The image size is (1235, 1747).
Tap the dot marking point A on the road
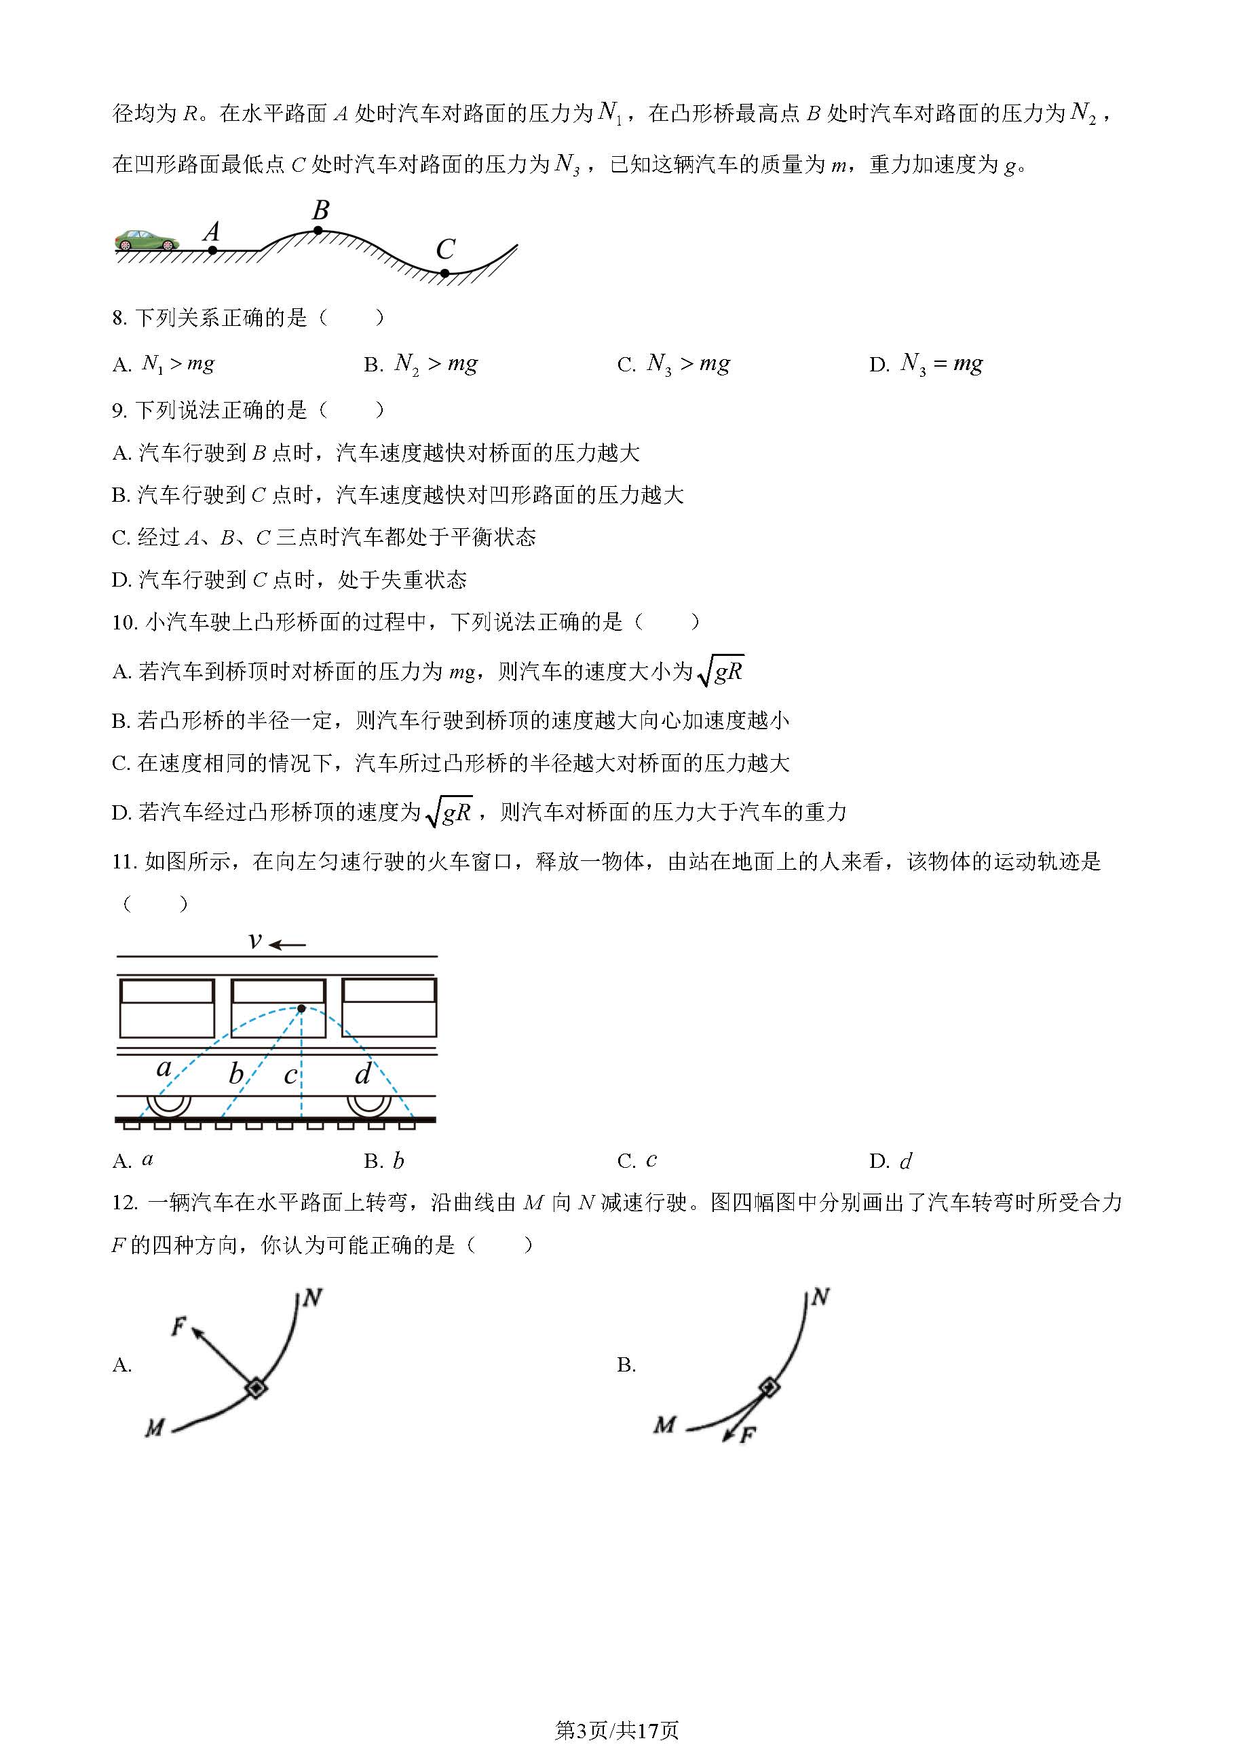point(213,250)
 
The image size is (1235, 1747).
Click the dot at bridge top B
point(319,229)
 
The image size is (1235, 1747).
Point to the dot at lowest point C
point(445,272)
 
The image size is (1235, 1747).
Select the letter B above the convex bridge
point(321,209)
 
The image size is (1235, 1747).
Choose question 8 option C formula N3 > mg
point(688,365)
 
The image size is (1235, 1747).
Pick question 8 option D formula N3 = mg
point(941,365)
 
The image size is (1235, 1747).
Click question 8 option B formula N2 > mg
point(436,365)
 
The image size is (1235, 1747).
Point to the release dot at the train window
point(301,1009)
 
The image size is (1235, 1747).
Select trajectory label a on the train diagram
point(164,1068)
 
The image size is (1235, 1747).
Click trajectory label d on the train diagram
point(363,1073)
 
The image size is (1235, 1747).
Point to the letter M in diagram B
point(664,1424)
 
